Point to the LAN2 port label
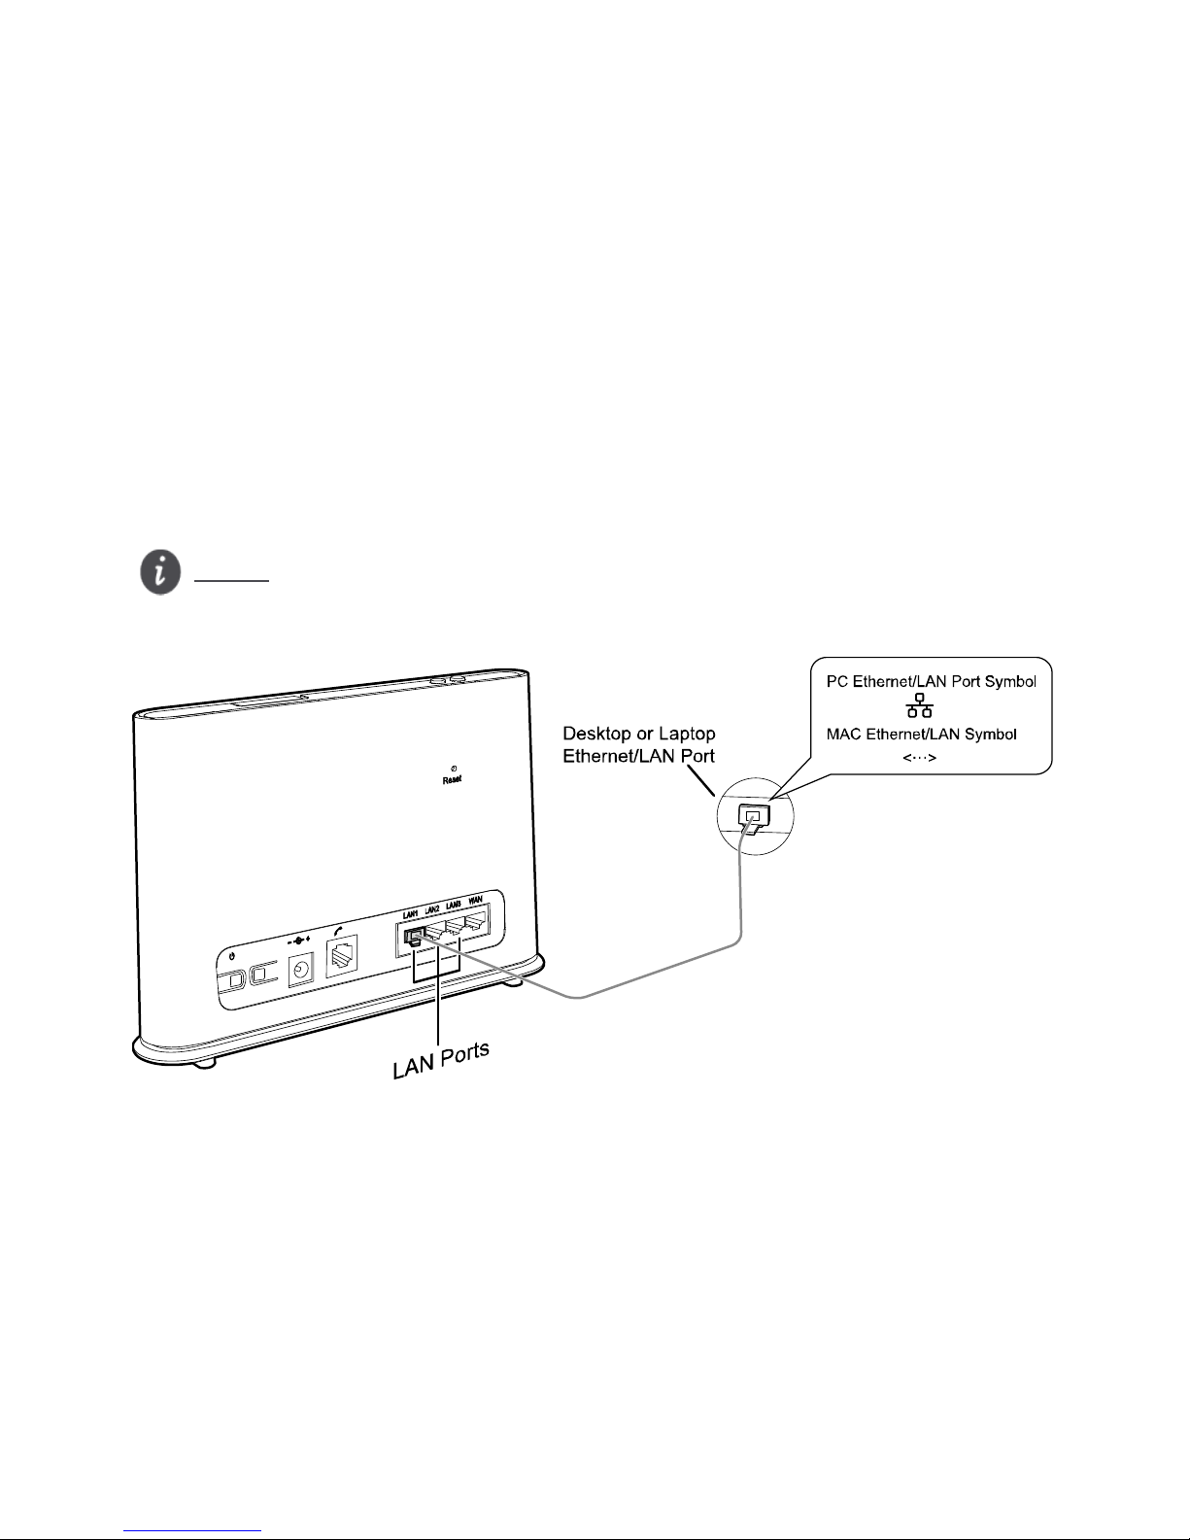[x=432, y=909]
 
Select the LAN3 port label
[x=454, y=905]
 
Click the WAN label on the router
[x=476, y=901]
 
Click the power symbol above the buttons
[x=230, y=954]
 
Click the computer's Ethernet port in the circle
[x=752, y=814]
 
